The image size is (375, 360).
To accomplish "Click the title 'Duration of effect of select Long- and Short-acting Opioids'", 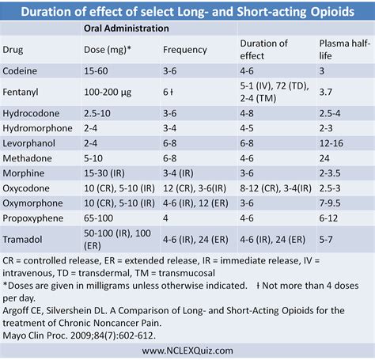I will [187, 10].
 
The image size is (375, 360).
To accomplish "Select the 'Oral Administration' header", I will [127, 28].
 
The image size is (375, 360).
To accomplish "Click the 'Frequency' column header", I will [184, 49].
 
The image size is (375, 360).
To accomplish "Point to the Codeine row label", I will [21, 70].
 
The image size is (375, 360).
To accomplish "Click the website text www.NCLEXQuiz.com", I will [187, 350].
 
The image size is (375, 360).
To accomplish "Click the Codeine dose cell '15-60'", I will [97, 70].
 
